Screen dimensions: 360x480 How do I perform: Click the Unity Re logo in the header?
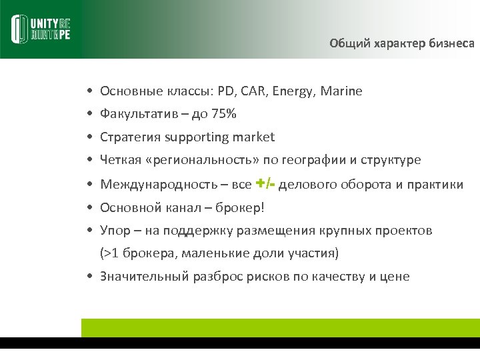point(41,29)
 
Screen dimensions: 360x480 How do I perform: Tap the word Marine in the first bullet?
point(341,91)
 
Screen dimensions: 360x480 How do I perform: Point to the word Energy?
point(293,91)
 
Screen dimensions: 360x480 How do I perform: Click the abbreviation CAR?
point(252,91)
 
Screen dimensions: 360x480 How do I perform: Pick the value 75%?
point(223,114)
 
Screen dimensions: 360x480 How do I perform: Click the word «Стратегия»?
point(130,137)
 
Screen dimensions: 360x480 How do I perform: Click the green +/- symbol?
point(265,183)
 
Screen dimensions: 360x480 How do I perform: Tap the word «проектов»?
point(405,231)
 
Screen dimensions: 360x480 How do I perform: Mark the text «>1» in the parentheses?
point(110,254)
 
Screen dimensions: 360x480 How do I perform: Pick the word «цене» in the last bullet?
point(395,277)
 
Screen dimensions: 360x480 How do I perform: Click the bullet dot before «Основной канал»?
point(88,207)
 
